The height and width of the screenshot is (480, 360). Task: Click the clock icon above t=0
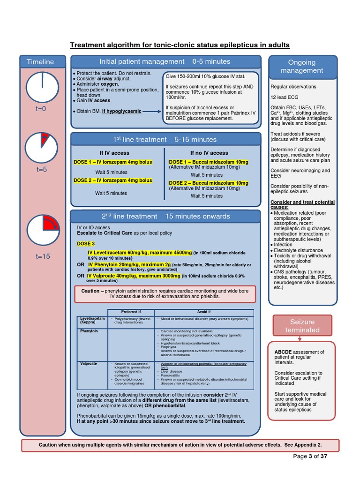point(42,87)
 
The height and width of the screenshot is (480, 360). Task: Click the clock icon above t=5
point(42,148)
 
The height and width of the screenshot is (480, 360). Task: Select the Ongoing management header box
point(302,66)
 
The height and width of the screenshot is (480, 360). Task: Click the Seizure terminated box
point(302,326)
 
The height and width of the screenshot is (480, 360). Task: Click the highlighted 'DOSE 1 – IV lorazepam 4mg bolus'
point(113,162)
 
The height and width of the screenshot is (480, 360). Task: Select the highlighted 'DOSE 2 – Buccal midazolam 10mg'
point(209,183)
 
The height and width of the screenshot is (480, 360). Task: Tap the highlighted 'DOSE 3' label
point(86,244)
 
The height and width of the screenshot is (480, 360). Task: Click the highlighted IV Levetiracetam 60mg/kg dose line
point(140,253)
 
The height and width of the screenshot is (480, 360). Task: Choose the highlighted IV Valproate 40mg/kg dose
point(134,276)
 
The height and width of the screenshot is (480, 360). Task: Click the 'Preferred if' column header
point(130,312)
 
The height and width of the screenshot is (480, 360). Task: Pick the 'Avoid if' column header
point(203,312)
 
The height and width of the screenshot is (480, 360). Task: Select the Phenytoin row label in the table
point(89,331)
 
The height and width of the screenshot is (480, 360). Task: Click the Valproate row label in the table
point(89,364)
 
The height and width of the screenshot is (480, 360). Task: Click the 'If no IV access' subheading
point(209,153)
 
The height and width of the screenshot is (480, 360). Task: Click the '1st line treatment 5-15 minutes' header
point(165,139)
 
